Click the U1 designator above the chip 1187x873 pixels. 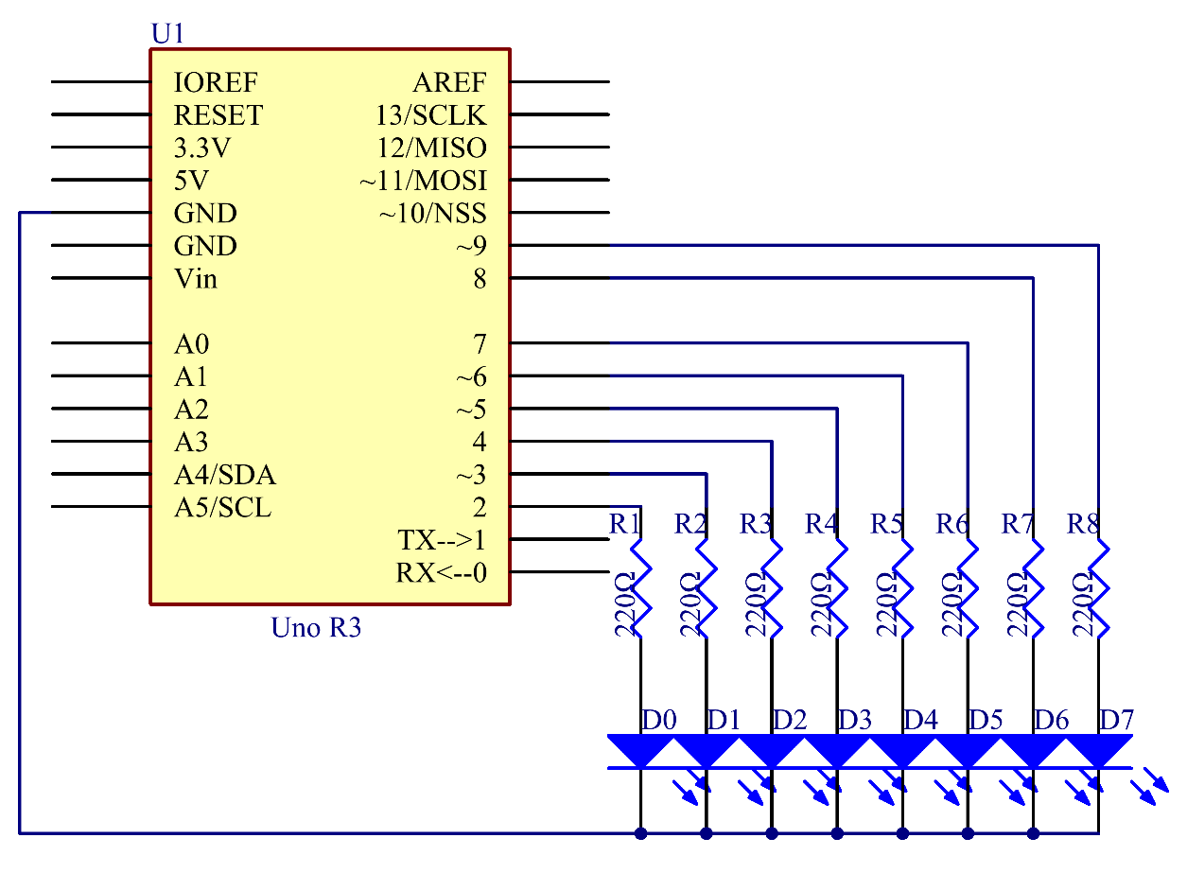pos(167,33)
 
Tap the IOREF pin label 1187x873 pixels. pos(216,82)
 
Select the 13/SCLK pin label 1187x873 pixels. pos(430,115)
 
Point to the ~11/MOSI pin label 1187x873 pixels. pos(423,181)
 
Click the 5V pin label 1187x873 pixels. pos(191,181)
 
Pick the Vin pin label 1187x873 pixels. pos(196,279)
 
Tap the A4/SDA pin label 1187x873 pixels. pos(225,475)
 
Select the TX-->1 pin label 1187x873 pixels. pos(442,540)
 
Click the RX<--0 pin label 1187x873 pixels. pos(442,573)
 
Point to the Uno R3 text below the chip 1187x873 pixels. pos(316,628)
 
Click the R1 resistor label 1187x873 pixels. pos(625,524)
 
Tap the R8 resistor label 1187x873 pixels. pos(1083,524)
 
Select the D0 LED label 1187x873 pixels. pos(658,721)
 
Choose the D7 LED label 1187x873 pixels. pos(1116,721)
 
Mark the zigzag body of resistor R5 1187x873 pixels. pos(903,589)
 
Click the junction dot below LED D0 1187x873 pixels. pos(640,834)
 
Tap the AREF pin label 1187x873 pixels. pos(449,82)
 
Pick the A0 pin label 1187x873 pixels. pos(191,344)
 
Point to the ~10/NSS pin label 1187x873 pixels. pos(433,214)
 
